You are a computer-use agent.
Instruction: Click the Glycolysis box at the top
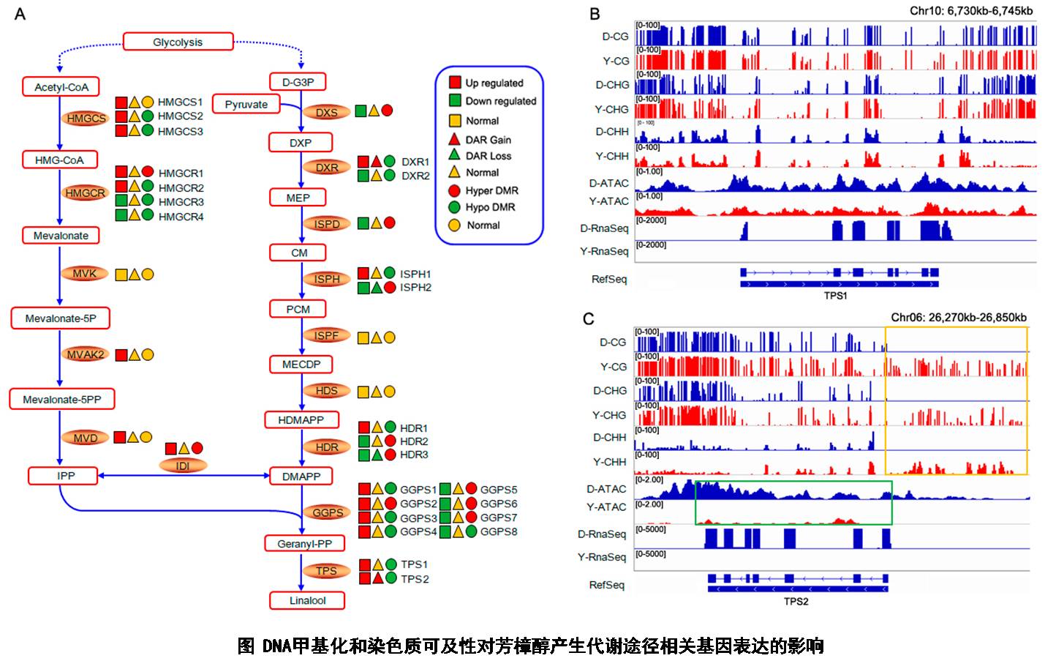tap(178, 42)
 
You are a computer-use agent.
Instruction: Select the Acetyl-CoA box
tap(61, 87)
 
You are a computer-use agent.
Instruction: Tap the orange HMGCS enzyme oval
tap(86, 119)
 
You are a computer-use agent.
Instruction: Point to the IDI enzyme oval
tap(182, 466)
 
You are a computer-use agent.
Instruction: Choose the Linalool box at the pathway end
tap(307, 600)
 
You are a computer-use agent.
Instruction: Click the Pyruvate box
tap(246, 105)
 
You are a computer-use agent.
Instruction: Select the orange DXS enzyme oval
tap(326, 112)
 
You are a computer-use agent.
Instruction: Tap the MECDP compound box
tap(301, 364)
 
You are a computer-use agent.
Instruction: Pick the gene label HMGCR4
tap(181, 217)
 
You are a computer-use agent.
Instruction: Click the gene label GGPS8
tap(498, 531)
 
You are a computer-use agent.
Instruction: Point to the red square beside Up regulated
tap(454, 82)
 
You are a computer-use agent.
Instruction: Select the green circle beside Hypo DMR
tap(454, 207)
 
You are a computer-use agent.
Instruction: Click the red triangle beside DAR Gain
tap(454, 138)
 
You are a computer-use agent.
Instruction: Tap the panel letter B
tap(595, 14)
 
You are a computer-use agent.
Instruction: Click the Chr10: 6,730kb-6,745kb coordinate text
tap(970, 11)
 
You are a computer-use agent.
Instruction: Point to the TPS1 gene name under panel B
tap(835, 296)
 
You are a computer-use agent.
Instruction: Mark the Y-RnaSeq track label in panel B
tap(604, 251)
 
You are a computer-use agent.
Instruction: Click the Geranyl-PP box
tap(304, 544)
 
